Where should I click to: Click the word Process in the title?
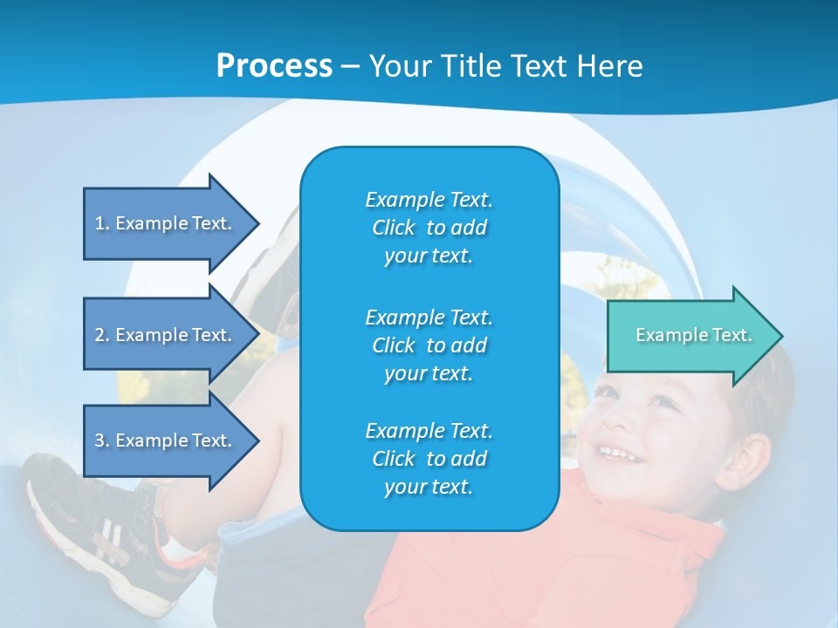[274, 66]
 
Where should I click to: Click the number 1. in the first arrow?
[102, 223]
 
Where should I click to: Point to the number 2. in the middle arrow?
[102, 335]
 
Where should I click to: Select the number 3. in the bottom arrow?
[102, 440]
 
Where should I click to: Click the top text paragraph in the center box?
[429, 228]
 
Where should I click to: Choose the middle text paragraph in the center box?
[429, 345]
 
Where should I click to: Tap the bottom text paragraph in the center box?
[429, 459]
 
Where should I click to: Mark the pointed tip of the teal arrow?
[780, 336]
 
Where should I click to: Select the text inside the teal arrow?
[694, 335]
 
